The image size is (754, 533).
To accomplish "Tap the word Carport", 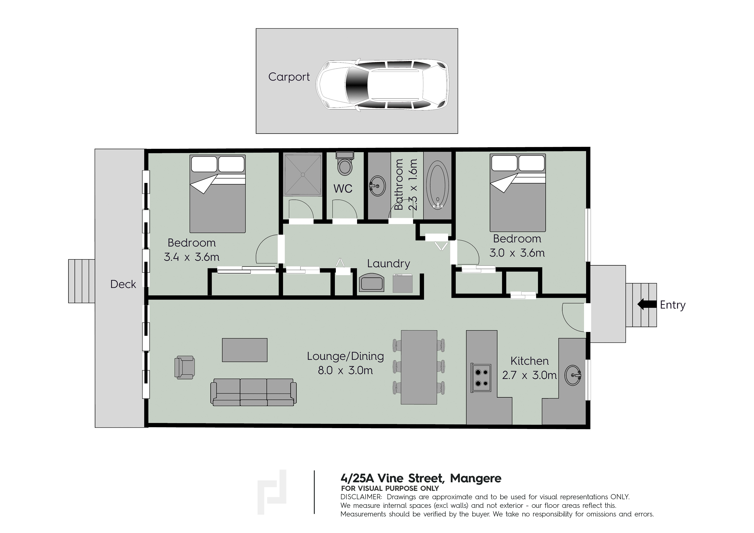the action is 289,77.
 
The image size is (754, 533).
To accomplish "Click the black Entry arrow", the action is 647,304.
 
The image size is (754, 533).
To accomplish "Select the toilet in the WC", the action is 345,163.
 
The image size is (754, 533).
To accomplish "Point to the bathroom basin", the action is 377,186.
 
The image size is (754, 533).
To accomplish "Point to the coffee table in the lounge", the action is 245,350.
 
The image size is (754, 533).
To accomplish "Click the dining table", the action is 419,367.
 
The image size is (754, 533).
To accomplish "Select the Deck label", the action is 123,284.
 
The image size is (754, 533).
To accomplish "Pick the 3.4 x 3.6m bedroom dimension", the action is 191,257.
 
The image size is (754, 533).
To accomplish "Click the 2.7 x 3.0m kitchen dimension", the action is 529,375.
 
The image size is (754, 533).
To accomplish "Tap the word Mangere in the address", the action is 476,478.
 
